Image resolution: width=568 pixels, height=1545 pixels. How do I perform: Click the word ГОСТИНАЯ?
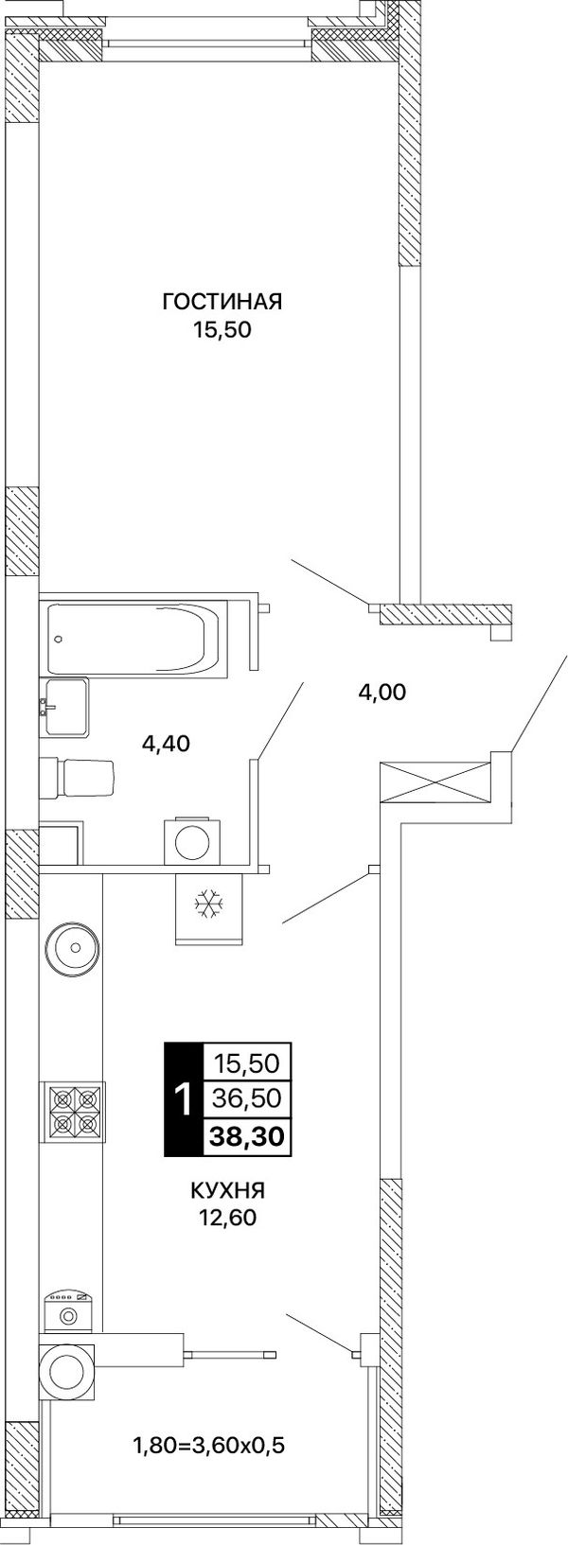pyautogui.click(x=222, y=302)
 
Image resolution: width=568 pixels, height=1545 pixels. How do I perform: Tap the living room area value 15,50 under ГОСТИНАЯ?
pyautogui.click(x=222, y=330)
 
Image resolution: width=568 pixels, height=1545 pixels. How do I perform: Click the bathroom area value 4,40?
pyautogui.click(x=165, y=743)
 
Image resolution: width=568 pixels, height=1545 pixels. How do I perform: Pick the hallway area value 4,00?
pyautogui.click(x=382, y=692)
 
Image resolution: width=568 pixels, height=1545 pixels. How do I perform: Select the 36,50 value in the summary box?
pyautogui.click(x=247, y=1098)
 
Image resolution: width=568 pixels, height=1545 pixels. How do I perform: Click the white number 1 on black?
pyautogui.click(x=183, y=1099)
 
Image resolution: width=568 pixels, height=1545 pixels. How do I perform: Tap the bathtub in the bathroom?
pyautogui.click(x=136, y=638)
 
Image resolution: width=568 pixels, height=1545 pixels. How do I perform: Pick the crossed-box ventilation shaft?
pyautogui.click(x=435, y=782)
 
